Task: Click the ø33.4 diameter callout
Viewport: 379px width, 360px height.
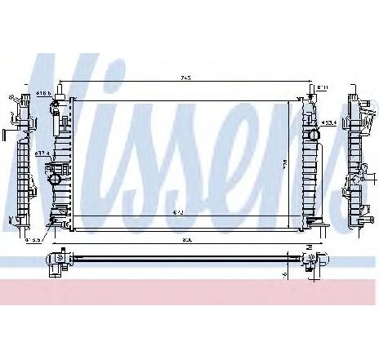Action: pyautogui.click(x=328, y=124)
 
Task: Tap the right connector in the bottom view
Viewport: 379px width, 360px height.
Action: pyautogui.click(x=312, y=261)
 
